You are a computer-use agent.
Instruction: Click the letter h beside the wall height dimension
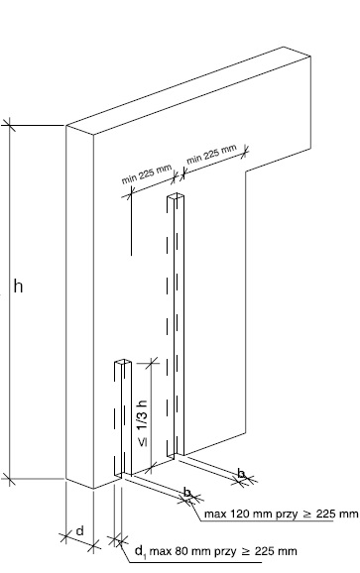(18, 286)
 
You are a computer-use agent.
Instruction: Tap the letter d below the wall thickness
(80, 530)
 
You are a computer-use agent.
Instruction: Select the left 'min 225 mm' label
(146, 174)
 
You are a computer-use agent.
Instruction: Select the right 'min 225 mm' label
(211, 154)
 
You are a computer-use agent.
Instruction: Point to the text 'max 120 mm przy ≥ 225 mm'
(281, 514)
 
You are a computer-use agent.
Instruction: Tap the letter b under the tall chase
(241, 474)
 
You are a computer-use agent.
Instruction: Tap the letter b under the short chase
(187, 493)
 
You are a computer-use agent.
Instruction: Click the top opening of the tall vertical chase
(176, 197)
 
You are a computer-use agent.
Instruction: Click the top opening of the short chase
(122, 363)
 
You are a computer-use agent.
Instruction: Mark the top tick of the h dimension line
(9, 125)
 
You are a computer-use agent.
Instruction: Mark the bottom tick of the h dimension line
(9, 479)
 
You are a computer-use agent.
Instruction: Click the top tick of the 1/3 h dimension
(152, 363)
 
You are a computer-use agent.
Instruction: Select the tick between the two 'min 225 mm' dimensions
(179, 175)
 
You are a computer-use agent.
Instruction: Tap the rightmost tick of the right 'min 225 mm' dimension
(245, 151)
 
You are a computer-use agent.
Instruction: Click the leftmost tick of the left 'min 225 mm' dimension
(129, 193)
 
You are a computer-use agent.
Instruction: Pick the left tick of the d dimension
(65, 537)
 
